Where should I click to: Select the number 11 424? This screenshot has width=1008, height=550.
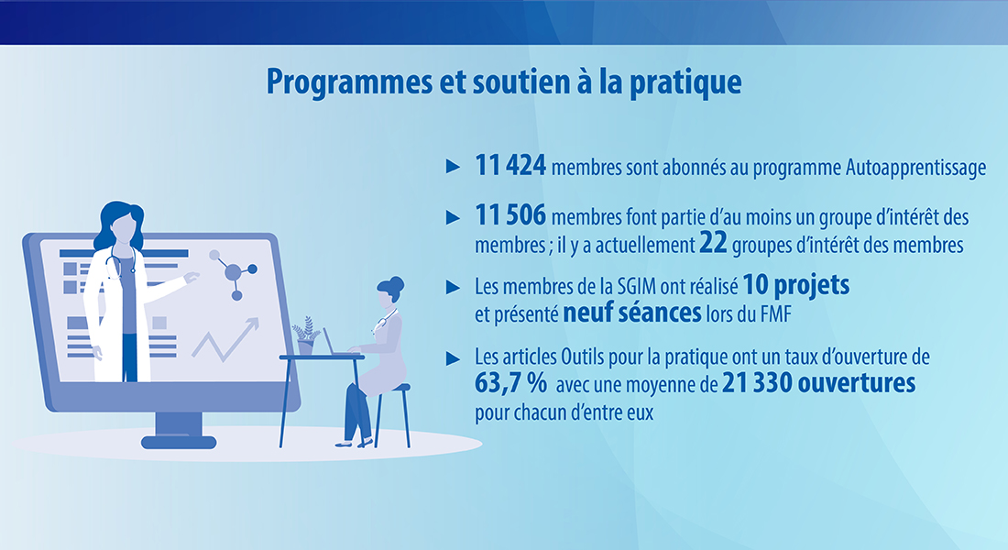tap(510, 165)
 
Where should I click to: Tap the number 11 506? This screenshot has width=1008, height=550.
tap(510, 215)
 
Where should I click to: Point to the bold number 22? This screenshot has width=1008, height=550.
tap(713, 243)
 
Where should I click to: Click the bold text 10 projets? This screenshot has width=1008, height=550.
tap(795, 285)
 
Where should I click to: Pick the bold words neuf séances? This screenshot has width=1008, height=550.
tap(632, 313)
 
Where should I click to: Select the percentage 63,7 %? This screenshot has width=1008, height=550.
tap(511, 383)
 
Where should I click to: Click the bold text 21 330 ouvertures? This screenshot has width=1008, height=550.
tap(818, 383)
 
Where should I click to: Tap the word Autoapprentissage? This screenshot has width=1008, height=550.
tap(915, 168)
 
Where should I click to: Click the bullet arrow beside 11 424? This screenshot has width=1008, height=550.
tap(454, 167)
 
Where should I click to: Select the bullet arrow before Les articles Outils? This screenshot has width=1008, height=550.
tap(454, 358)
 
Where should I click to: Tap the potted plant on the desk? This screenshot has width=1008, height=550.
tap(305, 335)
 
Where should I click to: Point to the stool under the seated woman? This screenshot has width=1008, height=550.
tap(393, 415)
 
